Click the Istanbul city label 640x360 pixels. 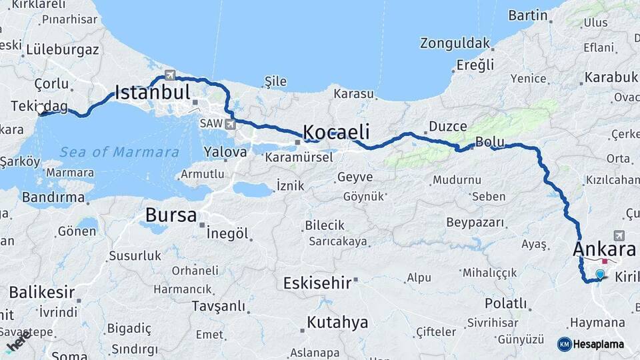point(153,92)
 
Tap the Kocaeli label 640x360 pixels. point(336,131)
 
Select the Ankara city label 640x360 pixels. point(604,249)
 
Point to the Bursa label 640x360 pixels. point(171,215)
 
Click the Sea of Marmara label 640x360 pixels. point(119,152)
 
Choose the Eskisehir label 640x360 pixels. point(317,283)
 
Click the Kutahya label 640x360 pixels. point(337,323)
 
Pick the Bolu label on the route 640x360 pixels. point(489,142)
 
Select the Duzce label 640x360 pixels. point(447,125)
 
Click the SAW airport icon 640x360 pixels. point(231,123)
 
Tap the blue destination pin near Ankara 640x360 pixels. point(600,274)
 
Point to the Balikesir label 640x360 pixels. point(41,292)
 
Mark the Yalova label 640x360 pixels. point(225,152)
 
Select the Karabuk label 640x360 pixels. point(611,77)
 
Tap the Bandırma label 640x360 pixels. point(53,197)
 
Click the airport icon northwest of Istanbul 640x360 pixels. point(169,74)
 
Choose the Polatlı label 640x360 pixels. point(505,303)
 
